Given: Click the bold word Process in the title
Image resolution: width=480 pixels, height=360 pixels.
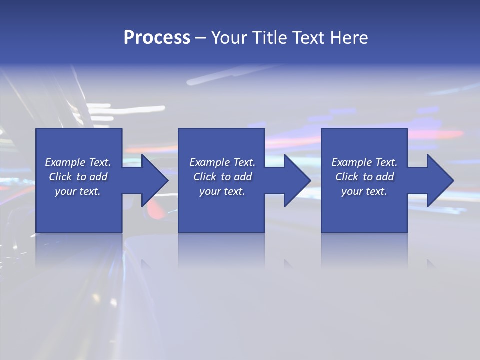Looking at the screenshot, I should pyautogui.click(x=157, y=38).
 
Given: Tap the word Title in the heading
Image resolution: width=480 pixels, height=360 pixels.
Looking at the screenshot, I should pyautogui.click(x=269, y=38).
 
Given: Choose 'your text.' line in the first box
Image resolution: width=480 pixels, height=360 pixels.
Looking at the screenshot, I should pyautogui.click(x=78, y=191).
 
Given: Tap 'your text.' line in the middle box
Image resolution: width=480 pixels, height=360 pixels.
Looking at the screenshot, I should pyautogui.click(x=222, y=191).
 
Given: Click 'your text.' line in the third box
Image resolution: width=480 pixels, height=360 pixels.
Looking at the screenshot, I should pyautogui.click(x=364, y=191).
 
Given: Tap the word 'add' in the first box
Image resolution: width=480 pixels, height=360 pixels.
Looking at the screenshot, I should pyautogui.click(x=99, y=177).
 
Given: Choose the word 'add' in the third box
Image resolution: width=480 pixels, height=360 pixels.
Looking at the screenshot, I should pyautogui.click(x=385, y=177).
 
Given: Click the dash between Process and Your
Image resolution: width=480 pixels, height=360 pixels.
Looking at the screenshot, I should pyautogui.click(x=201, y=38).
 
